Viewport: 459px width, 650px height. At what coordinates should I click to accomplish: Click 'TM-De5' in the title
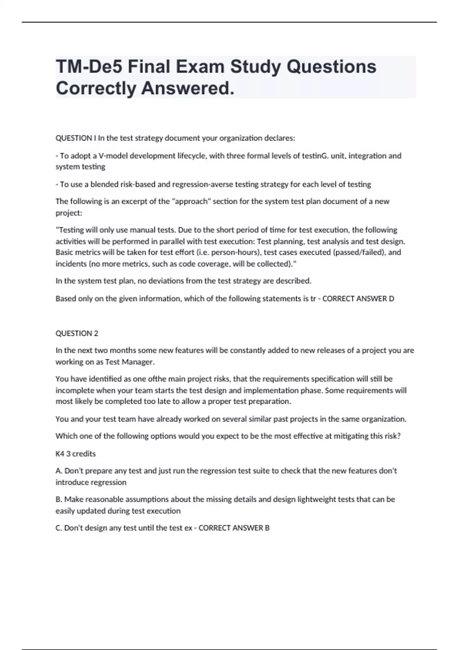(x=89, y=67)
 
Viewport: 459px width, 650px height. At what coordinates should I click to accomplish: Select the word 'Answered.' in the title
(x=188, y=89)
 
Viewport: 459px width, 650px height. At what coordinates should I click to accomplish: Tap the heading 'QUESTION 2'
(x=77, y=333)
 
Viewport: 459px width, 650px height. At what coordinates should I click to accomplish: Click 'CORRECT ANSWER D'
(x=358, y=299)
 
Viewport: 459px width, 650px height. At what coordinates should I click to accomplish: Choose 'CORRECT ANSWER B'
(x=234, y=528)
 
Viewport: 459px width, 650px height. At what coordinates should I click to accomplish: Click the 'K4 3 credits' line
(x=76, y=454)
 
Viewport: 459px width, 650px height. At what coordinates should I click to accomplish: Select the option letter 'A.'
(x=59, y=471)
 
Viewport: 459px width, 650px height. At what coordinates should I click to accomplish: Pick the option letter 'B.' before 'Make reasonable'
(x=59, y=499)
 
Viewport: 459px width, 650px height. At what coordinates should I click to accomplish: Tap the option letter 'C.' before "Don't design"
(x=59, y=528)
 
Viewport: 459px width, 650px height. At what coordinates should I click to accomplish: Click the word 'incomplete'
(x=75, y=390)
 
